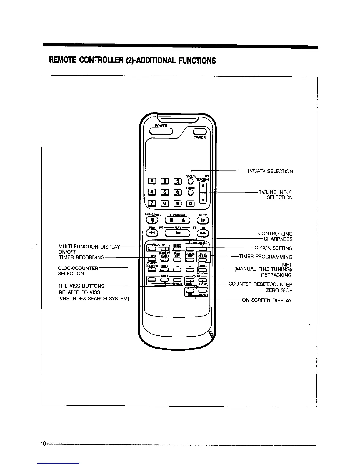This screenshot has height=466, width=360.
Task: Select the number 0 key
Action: click(191, 203)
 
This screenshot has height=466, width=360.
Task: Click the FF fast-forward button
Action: click(203, 233)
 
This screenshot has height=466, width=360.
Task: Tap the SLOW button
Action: click(203, 220)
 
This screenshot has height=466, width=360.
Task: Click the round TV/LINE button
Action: click(191, 192)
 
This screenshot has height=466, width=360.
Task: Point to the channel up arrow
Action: click(203, 186)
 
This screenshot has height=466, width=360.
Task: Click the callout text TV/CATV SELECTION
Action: click(270, 171)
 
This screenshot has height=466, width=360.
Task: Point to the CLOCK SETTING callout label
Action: click(274, 248)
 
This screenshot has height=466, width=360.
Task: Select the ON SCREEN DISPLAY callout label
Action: click(267, 300)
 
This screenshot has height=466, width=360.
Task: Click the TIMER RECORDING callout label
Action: click(82, 257)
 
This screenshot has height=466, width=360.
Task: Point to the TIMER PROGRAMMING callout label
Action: click(266, 257)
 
